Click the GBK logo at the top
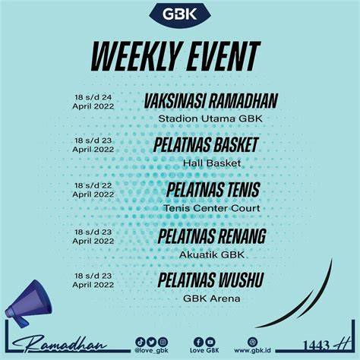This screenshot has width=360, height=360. point(180,14)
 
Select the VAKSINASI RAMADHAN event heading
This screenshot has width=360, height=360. point(210,101)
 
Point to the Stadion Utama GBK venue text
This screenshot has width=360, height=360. point(210,118)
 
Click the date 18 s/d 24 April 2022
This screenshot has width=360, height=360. point(93,102)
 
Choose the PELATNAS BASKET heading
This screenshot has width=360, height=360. point(206,145)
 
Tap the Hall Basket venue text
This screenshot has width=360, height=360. point(212,163)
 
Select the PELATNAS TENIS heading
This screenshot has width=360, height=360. point(213,190)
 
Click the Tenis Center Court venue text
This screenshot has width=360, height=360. point(212,208)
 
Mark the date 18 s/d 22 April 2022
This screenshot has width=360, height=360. point(93,190)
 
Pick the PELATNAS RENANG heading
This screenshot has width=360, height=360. point(212,236)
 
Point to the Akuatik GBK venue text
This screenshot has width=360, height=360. point(212,254)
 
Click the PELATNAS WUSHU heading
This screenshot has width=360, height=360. point(210,280)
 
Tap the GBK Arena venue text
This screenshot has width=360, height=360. point(212,298)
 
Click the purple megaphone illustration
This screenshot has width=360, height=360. point(28,303)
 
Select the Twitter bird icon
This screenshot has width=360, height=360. point(151,342)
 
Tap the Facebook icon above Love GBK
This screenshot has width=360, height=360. point(198,342)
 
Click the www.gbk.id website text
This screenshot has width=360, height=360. point(252,350)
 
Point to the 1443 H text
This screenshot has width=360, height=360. point(327,344)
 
